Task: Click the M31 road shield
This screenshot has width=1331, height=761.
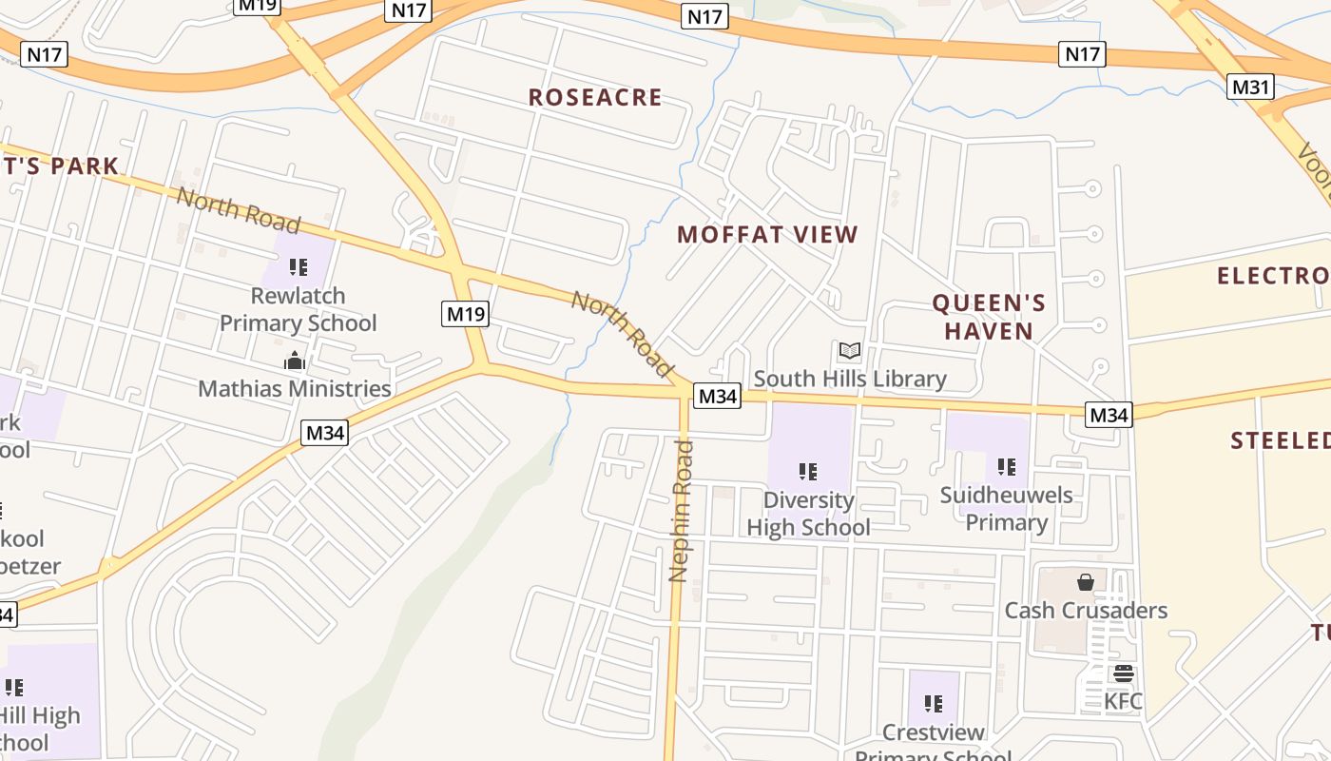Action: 1250,87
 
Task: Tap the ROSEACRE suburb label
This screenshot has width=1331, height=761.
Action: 595,97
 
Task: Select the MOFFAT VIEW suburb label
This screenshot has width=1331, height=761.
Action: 767,234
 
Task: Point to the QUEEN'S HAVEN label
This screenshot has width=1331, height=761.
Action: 989,317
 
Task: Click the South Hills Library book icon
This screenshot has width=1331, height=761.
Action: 850,351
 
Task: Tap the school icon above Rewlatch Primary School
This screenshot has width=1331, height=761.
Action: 299,267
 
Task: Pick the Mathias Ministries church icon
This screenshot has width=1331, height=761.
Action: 295,361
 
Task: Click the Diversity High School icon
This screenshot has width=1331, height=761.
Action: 808,471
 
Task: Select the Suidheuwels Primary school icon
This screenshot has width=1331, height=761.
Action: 1007,466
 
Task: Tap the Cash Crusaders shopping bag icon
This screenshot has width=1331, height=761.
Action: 1086,581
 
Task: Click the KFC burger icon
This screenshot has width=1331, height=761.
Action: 1124,673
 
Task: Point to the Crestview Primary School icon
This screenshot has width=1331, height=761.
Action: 934,704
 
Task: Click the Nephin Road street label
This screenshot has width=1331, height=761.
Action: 681,511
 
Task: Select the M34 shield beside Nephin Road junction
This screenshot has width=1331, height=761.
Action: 717,396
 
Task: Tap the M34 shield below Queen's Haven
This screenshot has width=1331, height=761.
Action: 1109,415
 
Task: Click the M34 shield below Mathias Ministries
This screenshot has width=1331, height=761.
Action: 325,433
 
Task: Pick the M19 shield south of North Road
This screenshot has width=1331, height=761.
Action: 465,313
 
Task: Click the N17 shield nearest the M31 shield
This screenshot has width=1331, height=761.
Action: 1083,53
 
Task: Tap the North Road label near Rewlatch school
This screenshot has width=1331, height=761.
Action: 239,211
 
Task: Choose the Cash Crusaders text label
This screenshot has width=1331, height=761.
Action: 1086,610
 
